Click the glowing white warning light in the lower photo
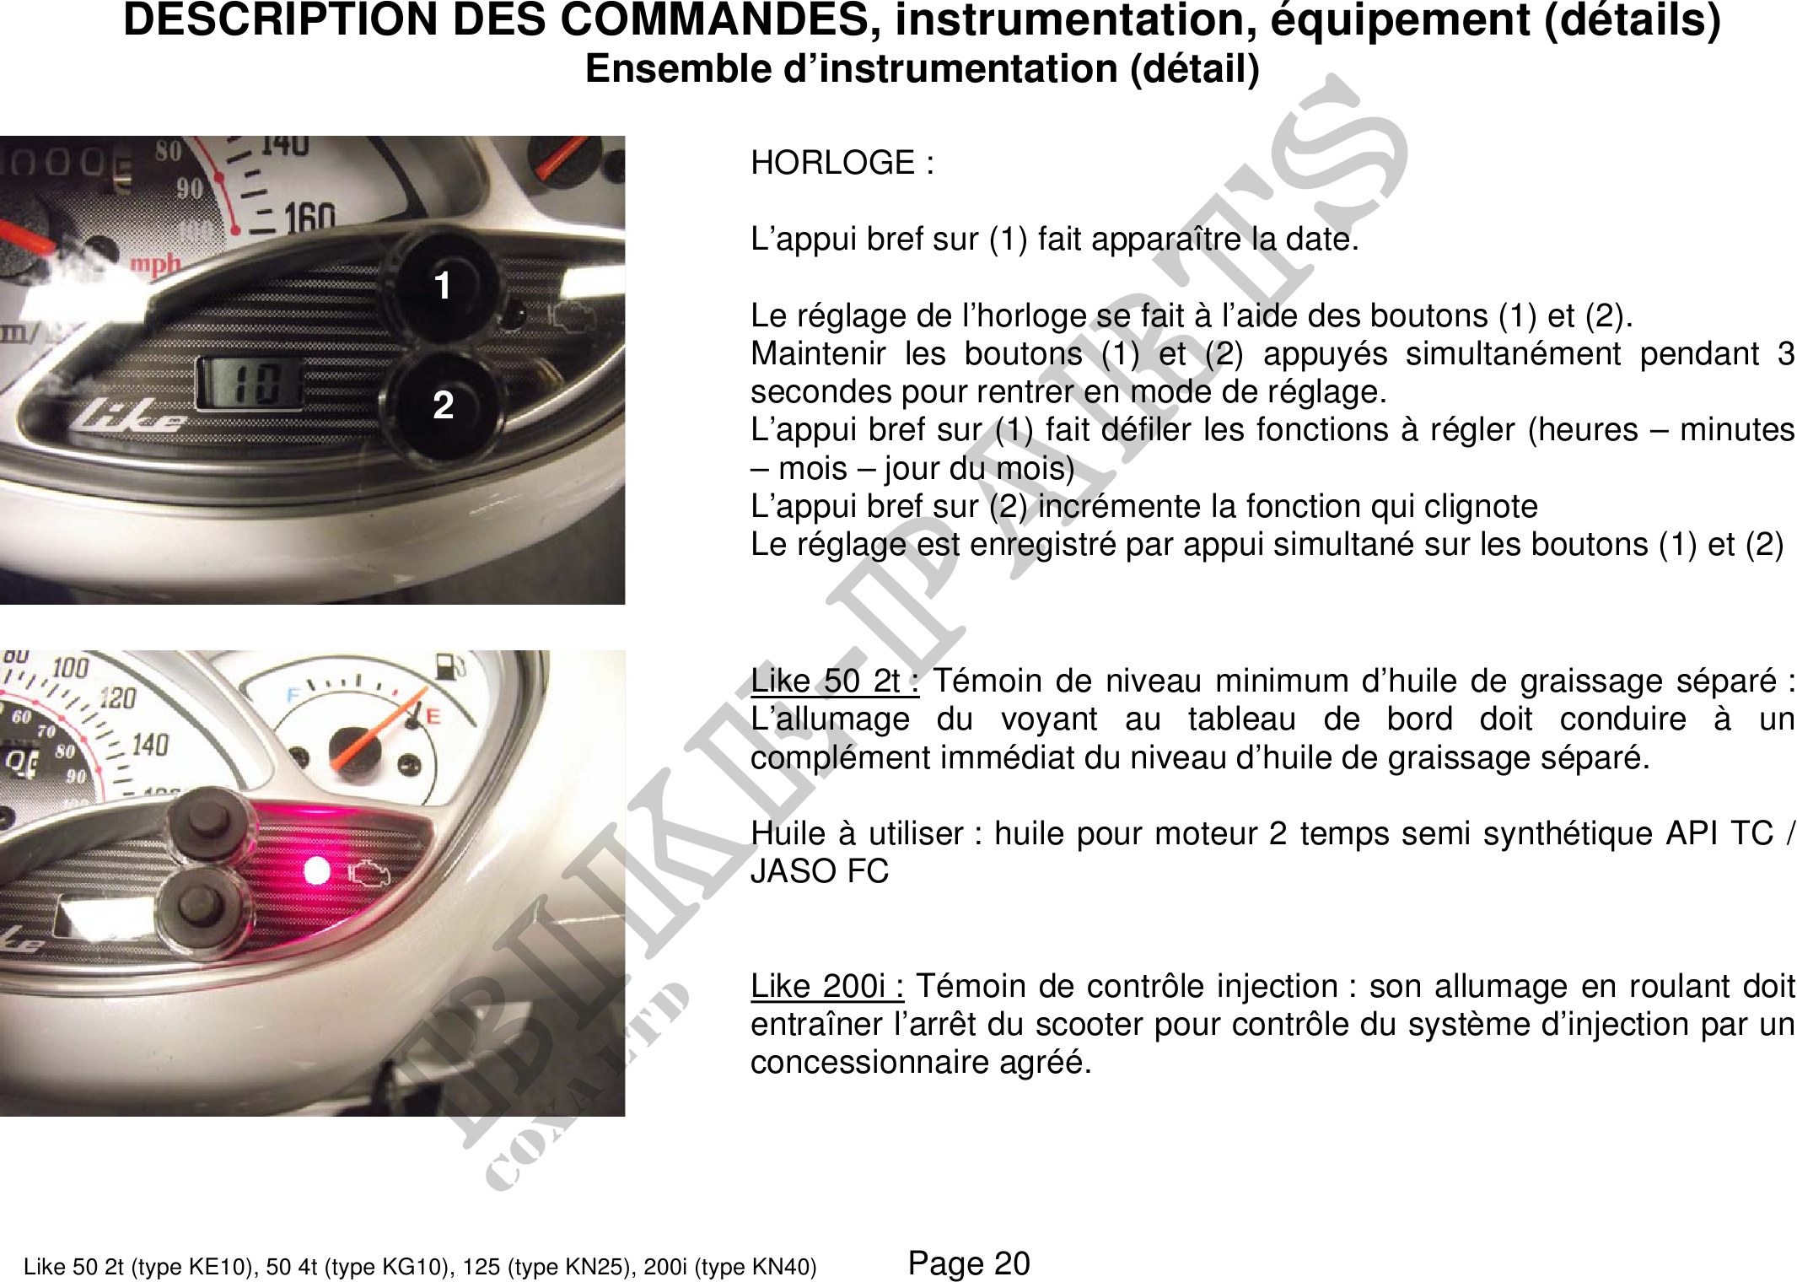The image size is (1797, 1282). [317, 870]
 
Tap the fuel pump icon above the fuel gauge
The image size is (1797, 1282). [449, 666]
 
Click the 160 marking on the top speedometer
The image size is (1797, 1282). [309, 218]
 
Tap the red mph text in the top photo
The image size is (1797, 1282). [155, 263]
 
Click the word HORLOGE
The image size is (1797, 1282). [832, 163]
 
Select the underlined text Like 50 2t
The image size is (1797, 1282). [834, 681]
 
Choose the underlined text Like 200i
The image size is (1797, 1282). [826, 985]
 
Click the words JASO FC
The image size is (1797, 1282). [820, 871]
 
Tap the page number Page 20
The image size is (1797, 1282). [969, 1263]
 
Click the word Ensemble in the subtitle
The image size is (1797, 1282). [678, 68]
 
